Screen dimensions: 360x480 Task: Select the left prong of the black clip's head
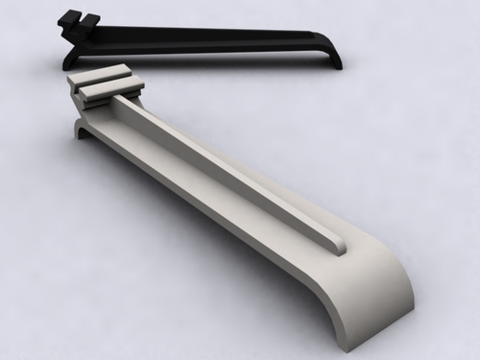[67, 17]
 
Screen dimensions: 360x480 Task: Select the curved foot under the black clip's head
[69, 57]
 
